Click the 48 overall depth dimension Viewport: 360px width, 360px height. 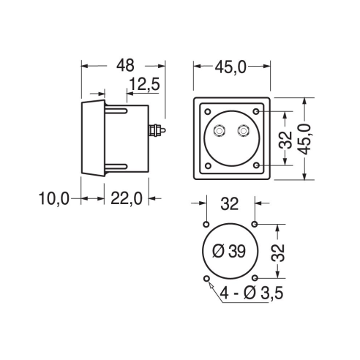coord(125,65)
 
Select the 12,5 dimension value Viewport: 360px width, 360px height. coord(144,84)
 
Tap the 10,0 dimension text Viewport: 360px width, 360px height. coord(54,198)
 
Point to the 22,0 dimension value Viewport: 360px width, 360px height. coord(127,198)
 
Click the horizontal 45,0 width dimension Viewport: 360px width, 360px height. coord(230,67)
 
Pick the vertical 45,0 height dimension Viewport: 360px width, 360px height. coord(304,139)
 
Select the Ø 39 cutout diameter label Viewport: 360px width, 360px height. coord(229,251)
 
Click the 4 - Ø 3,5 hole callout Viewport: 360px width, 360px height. coord(252,293)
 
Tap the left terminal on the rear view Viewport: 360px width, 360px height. coord(219,131)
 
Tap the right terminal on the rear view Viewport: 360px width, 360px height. coord(243,131)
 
